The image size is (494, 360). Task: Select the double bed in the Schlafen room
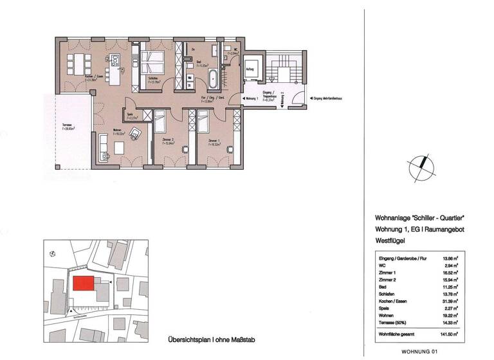click(154, 62)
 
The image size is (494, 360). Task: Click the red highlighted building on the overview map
click(83, 283)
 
